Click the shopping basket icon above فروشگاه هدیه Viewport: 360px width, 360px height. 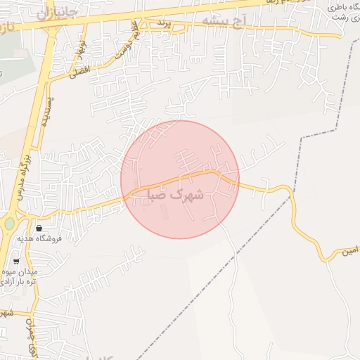tap(38, 228)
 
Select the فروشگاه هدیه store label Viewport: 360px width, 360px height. tap(60, 239)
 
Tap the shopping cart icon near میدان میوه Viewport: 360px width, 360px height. tap(15, 262)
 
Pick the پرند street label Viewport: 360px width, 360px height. tap(163, 24)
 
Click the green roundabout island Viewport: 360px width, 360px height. tap(9, 224)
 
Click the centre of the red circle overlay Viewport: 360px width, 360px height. tap(180, 179)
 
